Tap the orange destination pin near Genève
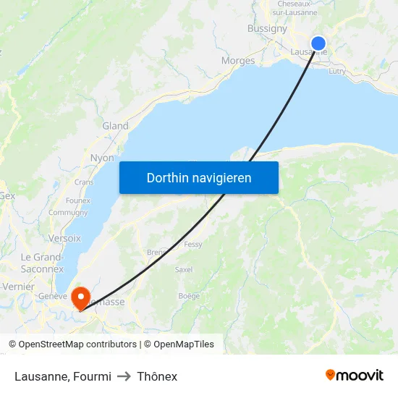[80, 297]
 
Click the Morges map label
[238, 61]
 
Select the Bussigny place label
[267, 28]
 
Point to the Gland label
[115, 126]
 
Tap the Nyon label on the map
[102, 158]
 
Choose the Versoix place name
[64, 238]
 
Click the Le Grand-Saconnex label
[42, 263]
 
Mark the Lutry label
[337, 72]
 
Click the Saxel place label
[184, 269]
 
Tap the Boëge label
[189, 295]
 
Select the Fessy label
[193, 245]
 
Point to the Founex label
[77, 200]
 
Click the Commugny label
[68, 213]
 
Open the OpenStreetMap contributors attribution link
[77, 344]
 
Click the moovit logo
[355, 375]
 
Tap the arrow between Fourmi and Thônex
[124, 376]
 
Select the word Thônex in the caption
[157, 376]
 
